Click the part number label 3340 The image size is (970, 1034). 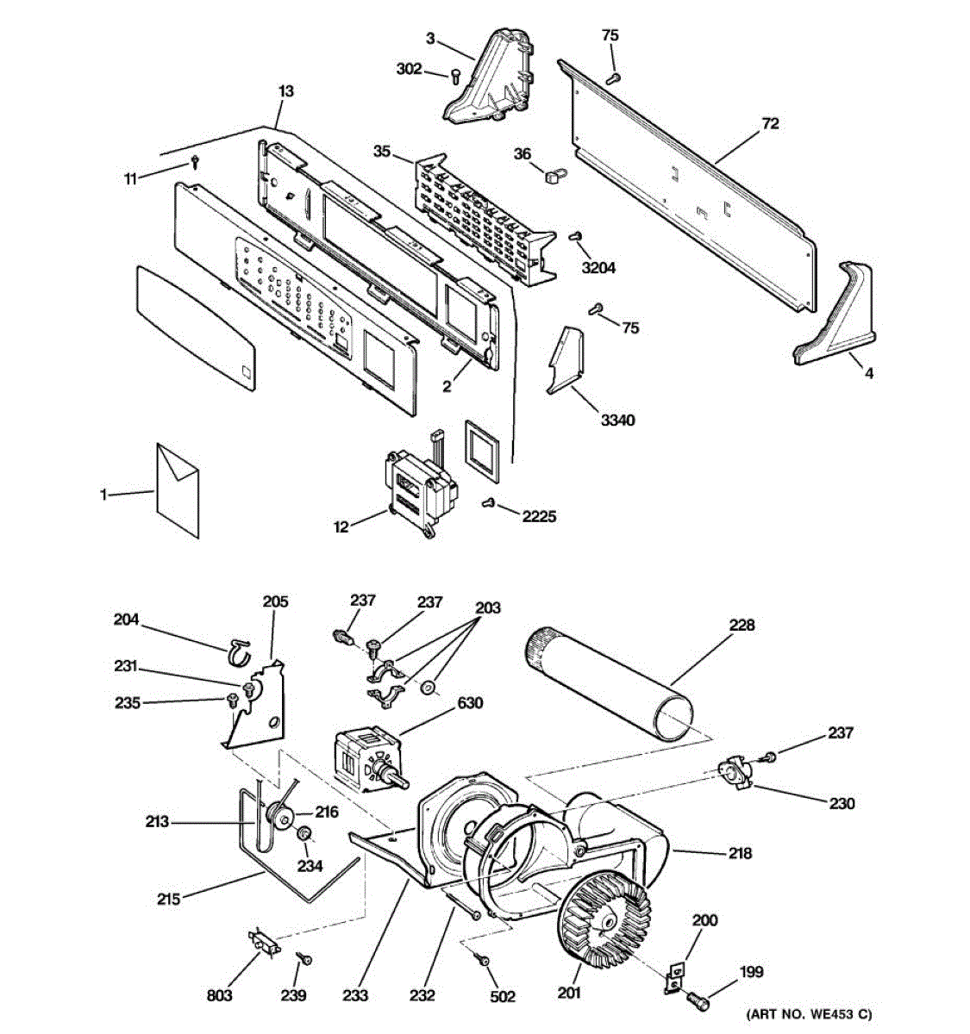(617, 420)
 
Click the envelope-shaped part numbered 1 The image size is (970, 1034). (178, 491)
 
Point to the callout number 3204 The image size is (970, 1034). (598, 268)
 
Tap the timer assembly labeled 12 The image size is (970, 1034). (417, 489)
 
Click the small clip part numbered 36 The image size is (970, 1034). (553, 176)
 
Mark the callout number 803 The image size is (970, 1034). (219, 995)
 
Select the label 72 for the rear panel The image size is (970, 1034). (769, 124)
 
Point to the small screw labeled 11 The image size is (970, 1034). (197, 161)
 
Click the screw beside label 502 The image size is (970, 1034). (483, 960)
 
